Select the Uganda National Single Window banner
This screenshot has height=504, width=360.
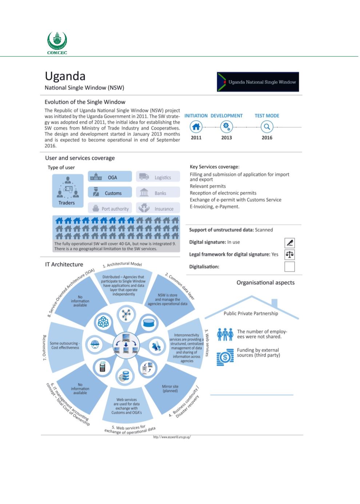[x=258, y=82]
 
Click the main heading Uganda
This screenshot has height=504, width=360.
[x=65, y=76]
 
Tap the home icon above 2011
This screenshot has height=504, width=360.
[x=196, y=127]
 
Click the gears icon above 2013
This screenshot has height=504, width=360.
[x=227, y=127]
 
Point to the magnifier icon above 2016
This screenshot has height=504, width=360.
[x=267, y=127]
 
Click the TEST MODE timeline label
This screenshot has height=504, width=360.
[x=267, y=116]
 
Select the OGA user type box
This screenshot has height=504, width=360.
[x=109, y=177]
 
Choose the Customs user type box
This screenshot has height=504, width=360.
[x=109, y=193]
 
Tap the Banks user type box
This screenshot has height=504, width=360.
[x=158, y=193]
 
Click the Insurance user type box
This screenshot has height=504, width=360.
[x=158, y=209]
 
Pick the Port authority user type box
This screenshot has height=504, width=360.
[x=109, y=209]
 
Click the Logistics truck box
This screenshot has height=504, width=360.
[x=158, y=177]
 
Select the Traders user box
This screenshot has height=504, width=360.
[x=67, y=191]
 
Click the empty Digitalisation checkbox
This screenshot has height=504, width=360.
[x=289, y=267]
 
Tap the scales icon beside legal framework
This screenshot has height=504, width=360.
[x=289, y=254]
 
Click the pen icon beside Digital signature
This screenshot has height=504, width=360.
[x=289, y=242]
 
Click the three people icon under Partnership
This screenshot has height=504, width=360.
[x=225, y=334]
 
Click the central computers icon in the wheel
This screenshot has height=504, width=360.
[x=125, y=344]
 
